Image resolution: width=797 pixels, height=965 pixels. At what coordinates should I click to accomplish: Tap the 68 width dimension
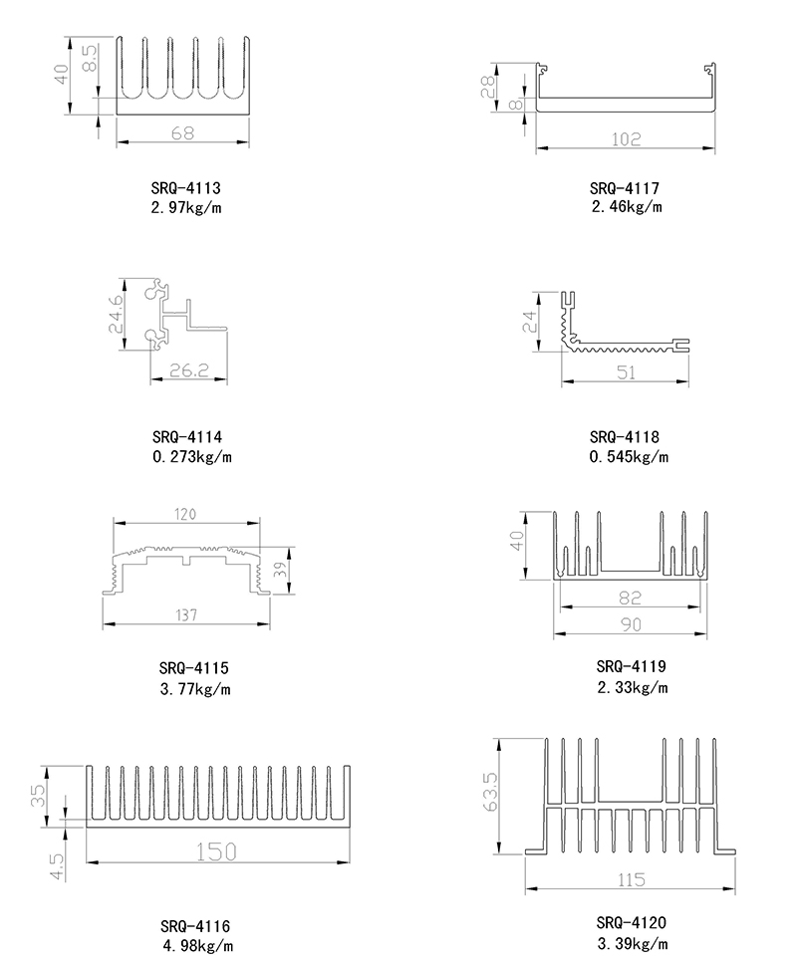coord(182,132)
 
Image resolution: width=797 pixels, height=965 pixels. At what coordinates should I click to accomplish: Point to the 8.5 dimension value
coord(90,60)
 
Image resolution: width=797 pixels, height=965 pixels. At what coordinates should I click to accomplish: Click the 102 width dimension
coord(627,139)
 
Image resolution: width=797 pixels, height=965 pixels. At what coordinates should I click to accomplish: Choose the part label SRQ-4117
coord(626,187)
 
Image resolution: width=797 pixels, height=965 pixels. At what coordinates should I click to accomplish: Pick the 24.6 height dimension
coord(117,314)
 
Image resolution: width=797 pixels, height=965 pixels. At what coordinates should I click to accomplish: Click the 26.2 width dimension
coord(187,370)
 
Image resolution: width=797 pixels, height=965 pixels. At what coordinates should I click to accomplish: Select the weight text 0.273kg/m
coord(192,457)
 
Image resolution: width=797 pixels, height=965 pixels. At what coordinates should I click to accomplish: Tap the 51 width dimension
coord(626,372)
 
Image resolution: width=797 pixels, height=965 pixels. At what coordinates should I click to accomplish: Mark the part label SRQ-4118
coord(626,437)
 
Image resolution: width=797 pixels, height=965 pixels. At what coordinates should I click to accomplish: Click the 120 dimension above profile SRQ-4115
coord(185,514)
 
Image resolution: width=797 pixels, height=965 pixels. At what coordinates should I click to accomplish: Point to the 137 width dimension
coord(186,615)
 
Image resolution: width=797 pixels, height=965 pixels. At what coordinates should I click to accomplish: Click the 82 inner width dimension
coord(632,598)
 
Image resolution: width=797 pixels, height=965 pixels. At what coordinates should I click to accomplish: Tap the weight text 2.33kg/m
coord(632,687)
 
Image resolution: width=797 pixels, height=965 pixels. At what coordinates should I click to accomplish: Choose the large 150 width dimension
coord(216,851)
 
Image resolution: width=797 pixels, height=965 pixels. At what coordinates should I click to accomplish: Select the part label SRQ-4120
coord(632,921)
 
